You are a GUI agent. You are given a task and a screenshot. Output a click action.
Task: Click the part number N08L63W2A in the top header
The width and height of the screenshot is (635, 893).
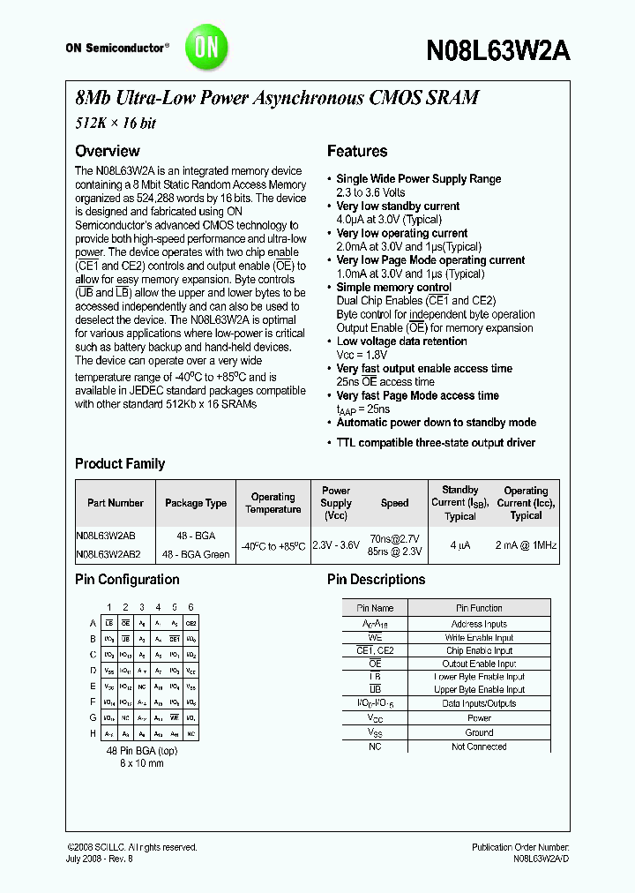coord(497,50)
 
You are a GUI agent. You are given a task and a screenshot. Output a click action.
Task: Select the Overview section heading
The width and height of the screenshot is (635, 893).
coord(107,151)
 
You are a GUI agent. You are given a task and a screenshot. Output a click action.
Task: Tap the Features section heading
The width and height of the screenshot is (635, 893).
coord(357,151)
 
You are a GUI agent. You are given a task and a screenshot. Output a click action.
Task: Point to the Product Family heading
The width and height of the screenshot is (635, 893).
coord(120,463)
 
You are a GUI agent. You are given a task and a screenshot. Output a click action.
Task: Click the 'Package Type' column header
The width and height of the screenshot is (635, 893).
coord(196,503)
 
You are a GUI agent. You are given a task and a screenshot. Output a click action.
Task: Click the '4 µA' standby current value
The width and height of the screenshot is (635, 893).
coord(459,545)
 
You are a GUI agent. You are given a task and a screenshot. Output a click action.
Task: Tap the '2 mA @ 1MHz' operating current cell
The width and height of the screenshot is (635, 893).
coord(526,545)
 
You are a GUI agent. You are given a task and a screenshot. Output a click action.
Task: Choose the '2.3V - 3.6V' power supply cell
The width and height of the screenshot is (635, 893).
coord(336,545)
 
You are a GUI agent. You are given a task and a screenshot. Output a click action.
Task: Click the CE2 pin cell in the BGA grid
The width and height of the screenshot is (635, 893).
coord(190,623)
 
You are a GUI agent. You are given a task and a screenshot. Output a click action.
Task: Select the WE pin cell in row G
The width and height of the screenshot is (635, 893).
coord(175,718)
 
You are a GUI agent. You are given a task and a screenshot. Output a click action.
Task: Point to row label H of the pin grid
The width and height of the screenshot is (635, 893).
coord(93,734)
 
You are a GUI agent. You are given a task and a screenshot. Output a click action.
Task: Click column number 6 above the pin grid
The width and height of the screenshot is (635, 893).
coord(190,607)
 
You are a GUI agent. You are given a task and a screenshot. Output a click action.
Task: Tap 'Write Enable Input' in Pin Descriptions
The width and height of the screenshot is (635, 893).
coord(479,637)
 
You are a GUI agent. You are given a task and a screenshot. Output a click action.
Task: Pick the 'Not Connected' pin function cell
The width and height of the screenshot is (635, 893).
coord(479,747)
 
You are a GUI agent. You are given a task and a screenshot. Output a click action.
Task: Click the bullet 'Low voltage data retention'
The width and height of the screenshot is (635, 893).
coord(401,341)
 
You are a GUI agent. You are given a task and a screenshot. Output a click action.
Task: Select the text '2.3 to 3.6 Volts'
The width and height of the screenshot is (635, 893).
coord(370,192)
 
